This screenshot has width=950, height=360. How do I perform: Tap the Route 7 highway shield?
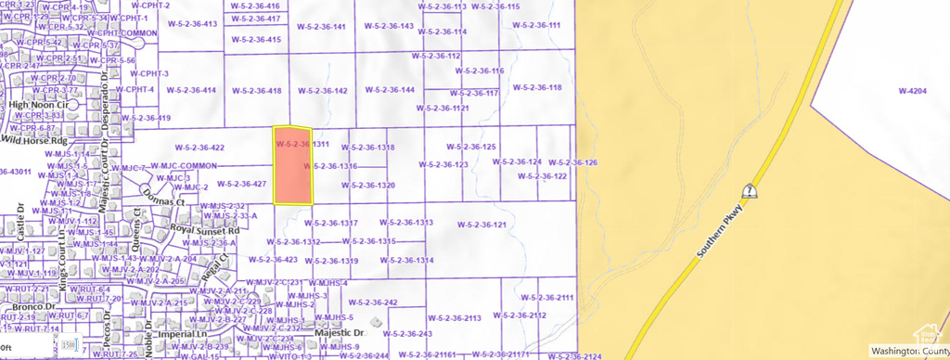pos(747,191)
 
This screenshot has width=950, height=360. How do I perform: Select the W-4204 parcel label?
pos(912,91)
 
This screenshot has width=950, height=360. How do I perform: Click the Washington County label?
pos(908,352)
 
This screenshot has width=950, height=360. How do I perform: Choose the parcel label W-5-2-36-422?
pos(199,148)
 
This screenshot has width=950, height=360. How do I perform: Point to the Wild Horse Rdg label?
pos(34,141)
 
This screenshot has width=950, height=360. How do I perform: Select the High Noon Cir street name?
pos(39,105)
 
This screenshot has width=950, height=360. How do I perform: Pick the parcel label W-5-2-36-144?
pos(390,90)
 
